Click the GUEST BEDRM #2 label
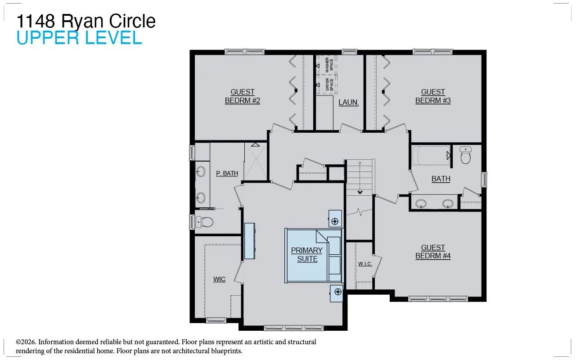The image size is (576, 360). [x=243, y=96]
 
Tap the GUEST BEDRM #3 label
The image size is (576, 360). [x=433, y=96]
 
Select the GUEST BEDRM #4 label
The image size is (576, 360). [x=433, y=252]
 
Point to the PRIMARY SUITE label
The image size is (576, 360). [x=307, y=255]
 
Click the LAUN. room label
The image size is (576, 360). [x=348, y=102]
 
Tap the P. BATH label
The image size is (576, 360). [x=227, y=173]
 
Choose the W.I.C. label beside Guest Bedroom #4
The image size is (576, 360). [x=365, y=264]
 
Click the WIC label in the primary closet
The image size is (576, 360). [x=219, y=279]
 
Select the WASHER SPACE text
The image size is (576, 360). [x=329, y=65]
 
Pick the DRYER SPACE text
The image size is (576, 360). [x=329, y=84]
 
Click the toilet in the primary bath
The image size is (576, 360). [x=204, y=221]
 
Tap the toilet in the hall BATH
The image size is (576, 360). [x=465, y=155]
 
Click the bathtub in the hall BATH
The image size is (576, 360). [x=431, y=156]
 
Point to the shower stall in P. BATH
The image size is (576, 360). [x=256, y=161]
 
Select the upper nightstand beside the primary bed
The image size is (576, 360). [x=335, y=219]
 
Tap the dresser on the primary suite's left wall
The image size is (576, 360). [x=249, y=241]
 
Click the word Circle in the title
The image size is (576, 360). [x=132, y=21]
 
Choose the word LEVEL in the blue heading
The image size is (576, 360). [x=113, y=37]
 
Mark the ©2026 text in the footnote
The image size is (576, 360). [x=26, y=342]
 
